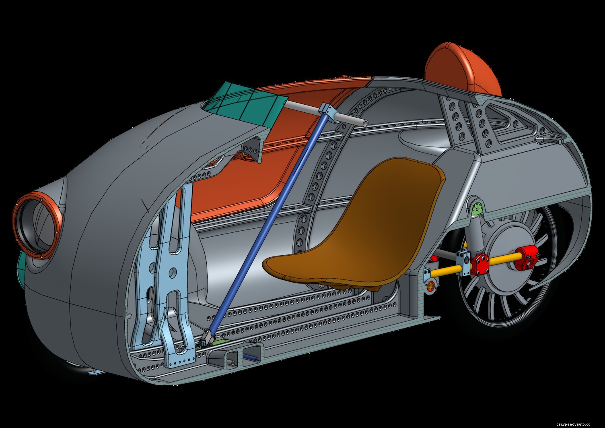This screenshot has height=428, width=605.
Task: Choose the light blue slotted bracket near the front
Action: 173,278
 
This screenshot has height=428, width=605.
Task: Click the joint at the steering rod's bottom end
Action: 207,338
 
